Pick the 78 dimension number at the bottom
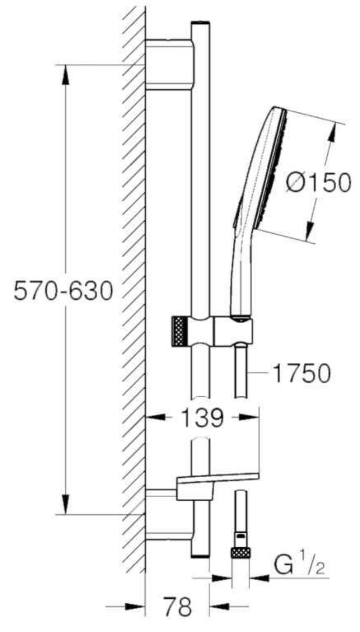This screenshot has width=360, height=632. (x=174, y=608)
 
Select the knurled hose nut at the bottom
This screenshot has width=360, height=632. (x=241, y=553)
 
